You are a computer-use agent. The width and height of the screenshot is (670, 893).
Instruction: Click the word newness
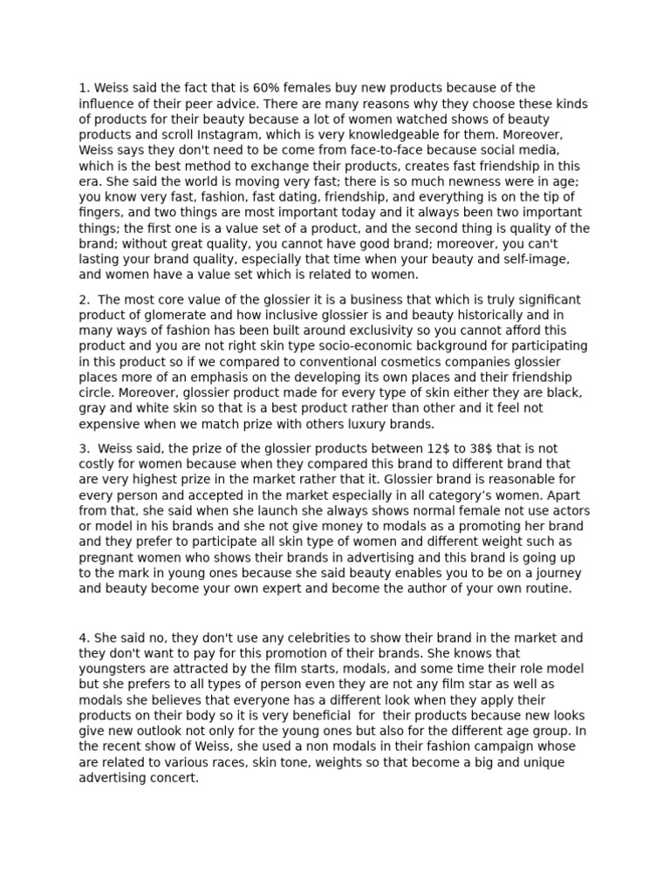(x=468, y=182)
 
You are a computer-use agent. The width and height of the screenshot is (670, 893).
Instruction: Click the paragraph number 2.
(x=83, y=300)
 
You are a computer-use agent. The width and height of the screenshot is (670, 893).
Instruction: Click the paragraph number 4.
(x=83, y=638)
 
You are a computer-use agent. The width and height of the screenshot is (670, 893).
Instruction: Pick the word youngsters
(x=117, y=670)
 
